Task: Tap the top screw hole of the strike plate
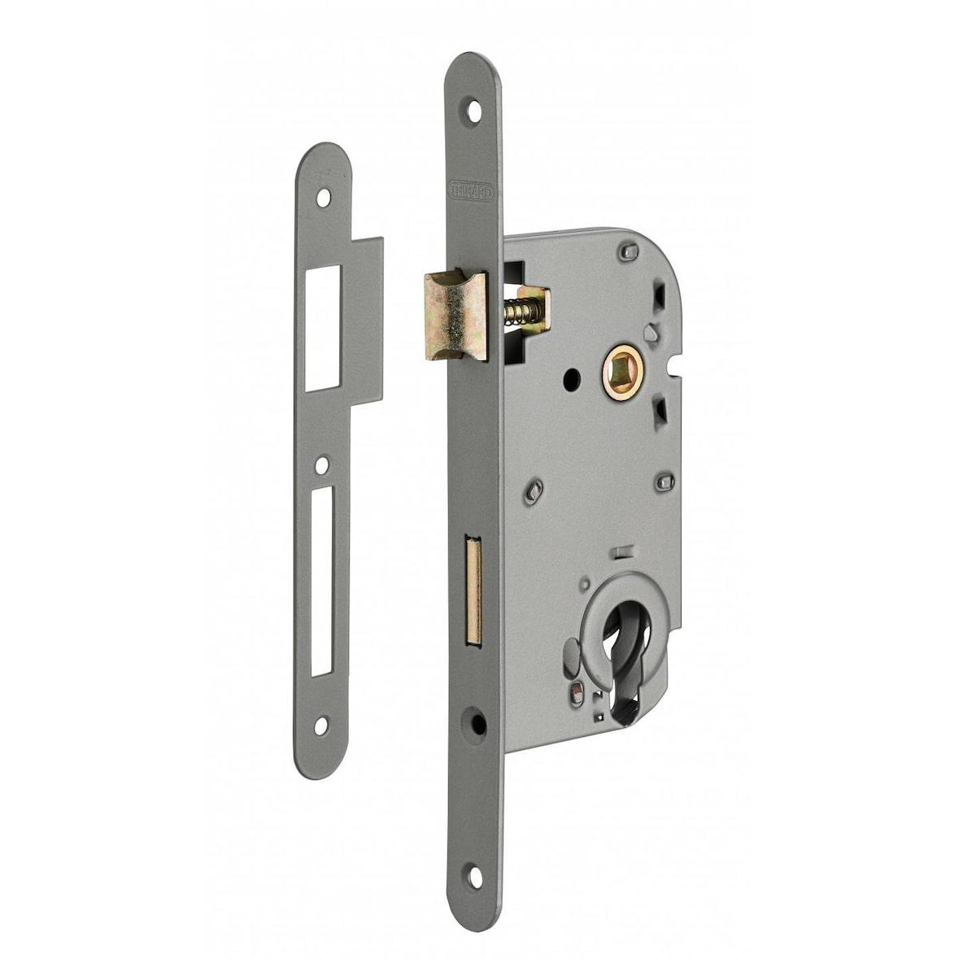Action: pos(324,197)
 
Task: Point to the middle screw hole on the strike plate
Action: pos(323,464)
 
